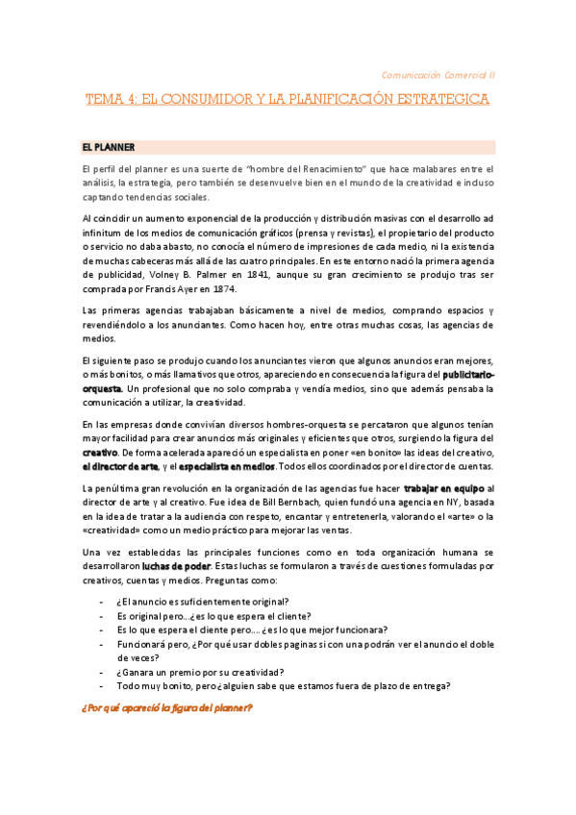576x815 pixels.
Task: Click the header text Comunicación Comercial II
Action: point(438,73)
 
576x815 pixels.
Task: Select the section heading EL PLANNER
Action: point(108,147)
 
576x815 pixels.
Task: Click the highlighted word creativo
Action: point(100,451)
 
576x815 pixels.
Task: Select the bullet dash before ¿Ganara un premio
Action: point(102,671)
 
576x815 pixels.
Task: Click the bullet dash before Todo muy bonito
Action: point(102,685)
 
